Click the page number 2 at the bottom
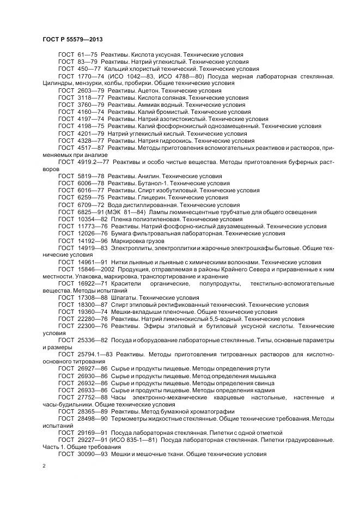tap(44, 466)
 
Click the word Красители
tap(126, 283)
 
